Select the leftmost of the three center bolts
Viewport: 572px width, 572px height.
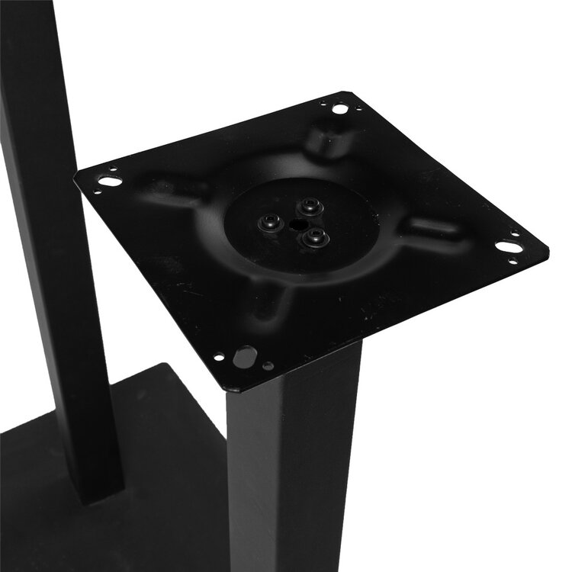pos(270,222)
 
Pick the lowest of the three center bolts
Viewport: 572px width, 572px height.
pos(314,238)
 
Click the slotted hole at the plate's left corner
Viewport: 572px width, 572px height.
pos(109,182)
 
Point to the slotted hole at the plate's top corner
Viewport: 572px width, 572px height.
pos(340,109)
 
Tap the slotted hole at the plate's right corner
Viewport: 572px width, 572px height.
pos(509,246)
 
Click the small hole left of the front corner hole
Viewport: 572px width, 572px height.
pos(220,356)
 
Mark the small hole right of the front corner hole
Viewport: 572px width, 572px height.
pos(268,365)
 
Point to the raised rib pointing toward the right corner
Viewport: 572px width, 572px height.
pos(435,229)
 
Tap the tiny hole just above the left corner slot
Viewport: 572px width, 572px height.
pos(113,170)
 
